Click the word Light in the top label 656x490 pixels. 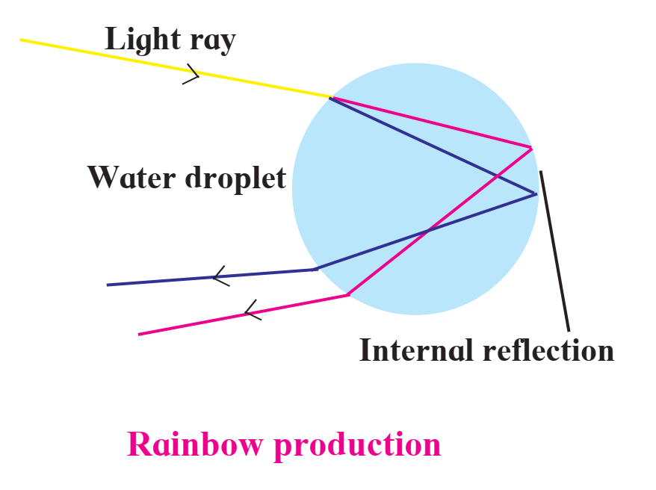tap(143, 39)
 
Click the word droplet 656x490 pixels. tap(235, 179)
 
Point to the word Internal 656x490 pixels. tap(418, 350)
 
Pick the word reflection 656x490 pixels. tap(548, 350)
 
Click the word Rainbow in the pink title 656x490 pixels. tap(195, 444)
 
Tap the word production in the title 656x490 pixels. tap(357, 446)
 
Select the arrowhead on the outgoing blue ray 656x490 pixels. tap(221, 276)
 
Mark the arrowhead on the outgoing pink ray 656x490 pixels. tap(253, 310)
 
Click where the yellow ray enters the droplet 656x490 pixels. tap(330, 97)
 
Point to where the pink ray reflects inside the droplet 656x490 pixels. tap(531, 148)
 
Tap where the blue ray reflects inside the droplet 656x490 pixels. tap(536, 194)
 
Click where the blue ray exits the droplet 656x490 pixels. tap(315, 269)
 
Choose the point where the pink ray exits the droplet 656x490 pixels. tap(348, 295)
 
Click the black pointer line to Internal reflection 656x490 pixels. tap(554, 251)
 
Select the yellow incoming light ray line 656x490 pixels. tap(176, 69)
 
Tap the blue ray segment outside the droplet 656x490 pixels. tap(211, 277)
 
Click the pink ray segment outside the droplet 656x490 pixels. tap(243, 314)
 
